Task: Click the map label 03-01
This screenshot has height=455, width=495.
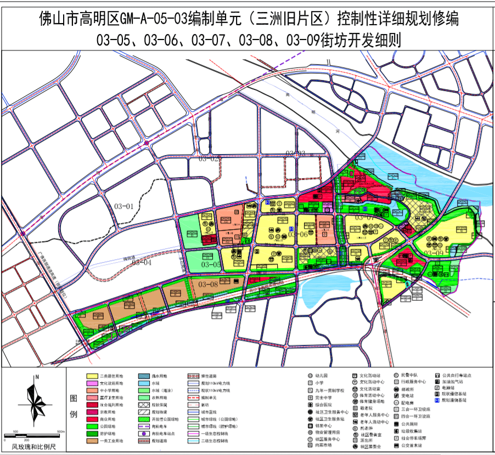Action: tap(125, 206)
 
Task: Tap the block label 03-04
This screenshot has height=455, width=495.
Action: tap(142, 262)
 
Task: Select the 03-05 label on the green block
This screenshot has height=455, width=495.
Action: tap(211, 265)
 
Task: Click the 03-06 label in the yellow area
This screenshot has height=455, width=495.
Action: tap(297, 235)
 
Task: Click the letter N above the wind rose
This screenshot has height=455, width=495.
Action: tap(36, 377)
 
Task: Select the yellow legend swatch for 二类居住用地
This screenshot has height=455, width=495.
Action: tap(92, 376)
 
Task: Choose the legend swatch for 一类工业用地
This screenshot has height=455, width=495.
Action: tap(92, 440)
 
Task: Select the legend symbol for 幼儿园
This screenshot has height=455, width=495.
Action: tap(311, 376)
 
